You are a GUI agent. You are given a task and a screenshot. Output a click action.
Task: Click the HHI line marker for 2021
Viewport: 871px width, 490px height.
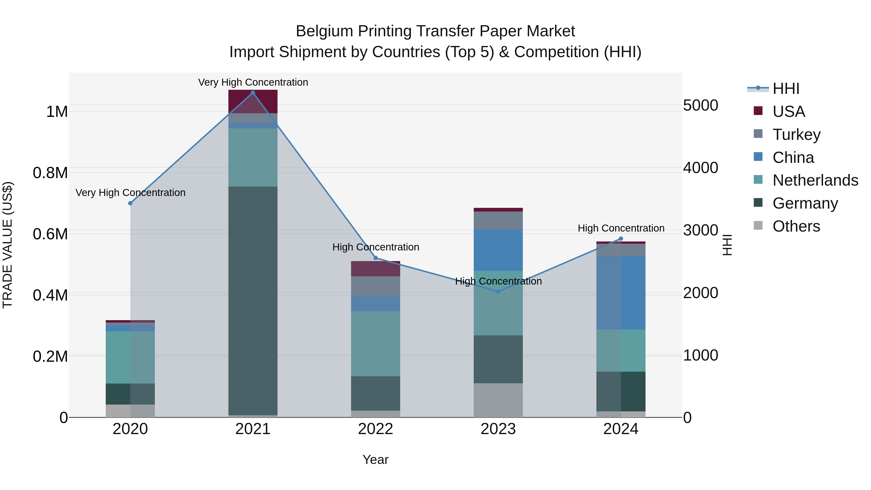point(253,92)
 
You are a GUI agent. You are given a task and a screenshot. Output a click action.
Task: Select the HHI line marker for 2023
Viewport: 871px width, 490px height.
point(498,291)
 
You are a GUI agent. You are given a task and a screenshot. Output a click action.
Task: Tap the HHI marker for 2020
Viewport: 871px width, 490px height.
point(130,203)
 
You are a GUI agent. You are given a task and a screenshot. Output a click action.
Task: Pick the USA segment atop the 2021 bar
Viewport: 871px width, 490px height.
point(253,101)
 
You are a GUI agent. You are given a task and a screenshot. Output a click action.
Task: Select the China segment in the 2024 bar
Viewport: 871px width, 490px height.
point(621,293)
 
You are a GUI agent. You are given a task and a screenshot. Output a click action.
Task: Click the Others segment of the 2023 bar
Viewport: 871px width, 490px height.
point(498,400)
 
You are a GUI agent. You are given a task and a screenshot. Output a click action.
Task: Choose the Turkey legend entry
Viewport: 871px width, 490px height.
point(796,134)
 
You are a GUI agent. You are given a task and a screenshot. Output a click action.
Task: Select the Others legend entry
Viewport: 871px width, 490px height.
point(796,226)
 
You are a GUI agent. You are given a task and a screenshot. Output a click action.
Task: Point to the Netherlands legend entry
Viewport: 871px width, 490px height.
point(815,180)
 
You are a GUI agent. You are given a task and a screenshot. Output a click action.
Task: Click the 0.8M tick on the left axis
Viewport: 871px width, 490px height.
point(50,173)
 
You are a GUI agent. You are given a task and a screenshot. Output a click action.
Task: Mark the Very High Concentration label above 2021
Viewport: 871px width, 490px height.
point(253,82)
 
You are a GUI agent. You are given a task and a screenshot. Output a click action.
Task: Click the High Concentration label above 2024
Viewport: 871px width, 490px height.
point(621,228)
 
